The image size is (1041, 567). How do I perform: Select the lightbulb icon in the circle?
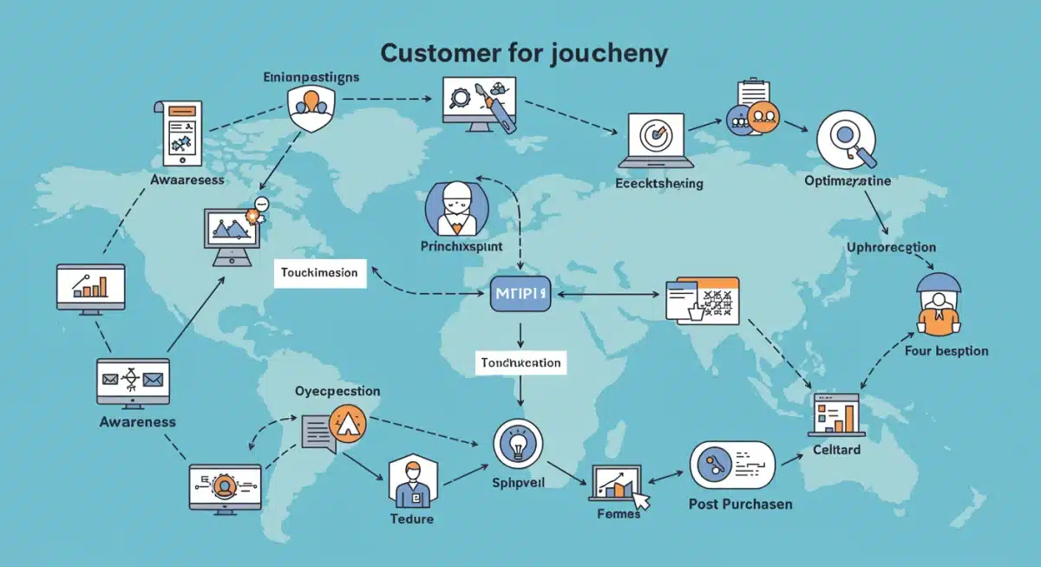(x=518, y=444)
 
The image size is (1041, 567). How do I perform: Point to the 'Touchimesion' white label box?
(x=319, y=272)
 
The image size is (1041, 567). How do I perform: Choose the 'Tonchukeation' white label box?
(x=520, y=362)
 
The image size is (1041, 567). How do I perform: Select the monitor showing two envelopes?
(x=133, y=381)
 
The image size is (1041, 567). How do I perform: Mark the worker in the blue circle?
(x=456, y=208)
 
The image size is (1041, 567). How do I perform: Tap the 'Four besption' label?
(x=946, y=351)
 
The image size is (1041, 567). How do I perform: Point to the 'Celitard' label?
(x=836, y=449)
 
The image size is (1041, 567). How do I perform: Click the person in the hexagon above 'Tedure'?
(x=410, y=483)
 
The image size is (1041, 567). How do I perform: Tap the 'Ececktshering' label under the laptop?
(x=658, y=184)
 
